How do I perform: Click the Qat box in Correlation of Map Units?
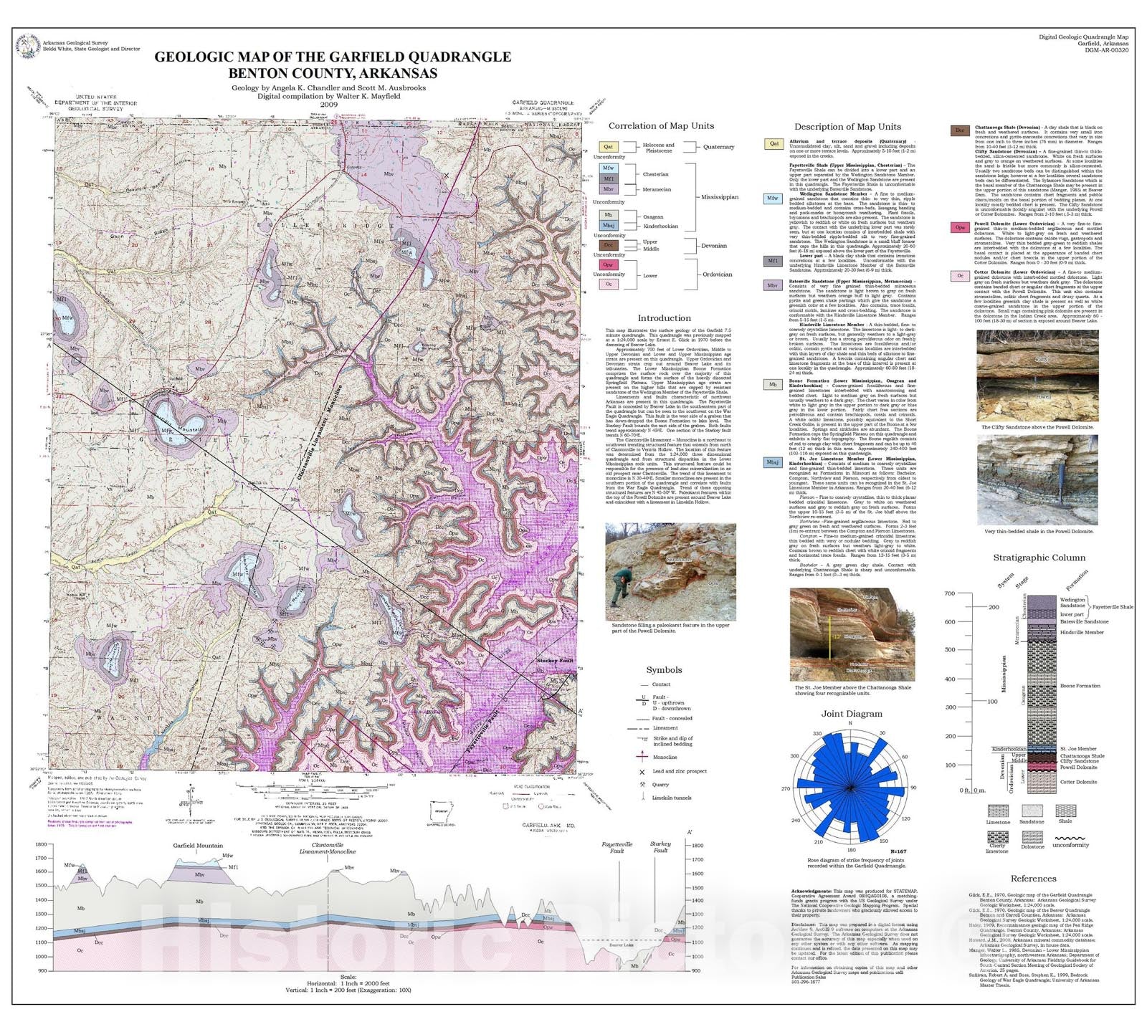(x=608, y=147)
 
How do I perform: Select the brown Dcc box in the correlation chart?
(x=608, y=245)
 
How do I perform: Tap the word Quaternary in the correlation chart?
(x=718, y=147)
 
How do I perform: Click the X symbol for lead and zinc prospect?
(x=642, y=772)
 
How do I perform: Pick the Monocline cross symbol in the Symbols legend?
(x=642, y=757)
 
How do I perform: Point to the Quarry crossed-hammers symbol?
(x=642, y=785)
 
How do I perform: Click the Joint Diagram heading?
(x=851, y=714)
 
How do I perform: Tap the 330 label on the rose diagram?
(x=817, y=734)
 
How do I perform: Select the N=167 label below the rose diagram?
(x=898, y=852)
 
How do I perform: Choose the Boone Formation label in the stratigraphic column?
(x=1080, y=686)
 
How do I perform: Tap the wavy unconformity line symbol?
(x=1070, y=837)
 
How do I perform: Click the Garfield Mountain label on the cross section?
(x=198, y=846)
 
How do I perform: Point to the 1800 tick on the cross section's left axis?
(x=41, y=844)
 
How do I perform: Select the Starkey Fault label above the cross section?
(x=660, y=847)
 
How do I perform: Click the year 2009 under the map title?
(x=328, y=105)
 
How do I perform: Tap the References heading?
(x=1033, y=879)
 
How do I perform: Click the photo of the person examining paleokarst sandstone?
(x=670, y=572)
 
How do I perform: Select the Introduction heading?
(x=664, y=318)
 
